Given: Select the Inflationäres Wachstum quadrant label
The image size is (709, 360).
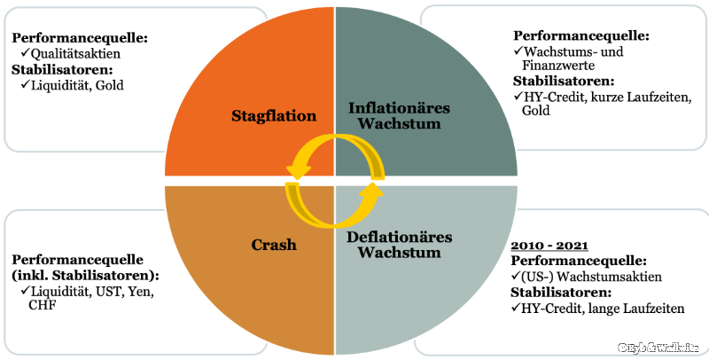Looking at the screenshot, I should [399, 115].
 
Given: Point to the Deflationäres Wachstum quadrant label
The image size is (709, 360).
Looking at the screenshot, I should [401, 244].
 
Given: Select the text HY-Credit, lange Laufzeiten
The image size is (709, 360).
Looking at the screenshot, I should [593, 308].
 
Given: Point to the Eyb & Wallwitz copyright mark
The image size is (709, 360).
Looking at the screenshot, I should [660, 346].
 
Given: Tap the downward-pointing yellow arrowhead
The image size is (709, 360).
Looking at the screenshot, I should [296, 164].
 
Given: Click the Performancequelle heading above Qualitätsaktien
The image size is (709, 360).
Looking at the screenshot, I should [79, 38].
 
